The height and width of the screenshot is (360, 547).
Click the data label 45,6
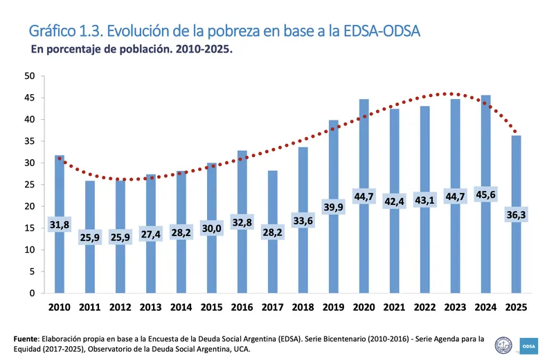[486, 196]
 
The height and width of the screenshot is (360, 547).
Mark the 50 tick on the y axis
[30, 76]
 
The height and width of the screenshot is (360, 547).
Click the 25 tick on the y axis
[30, 185]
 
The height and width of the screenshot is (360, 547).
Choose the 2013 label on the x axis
[151, 307]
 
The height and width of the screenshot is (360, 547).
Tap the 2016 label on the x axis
[242, 307]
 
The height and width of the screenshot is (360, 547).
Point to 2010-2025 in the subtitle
[204, 51]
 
